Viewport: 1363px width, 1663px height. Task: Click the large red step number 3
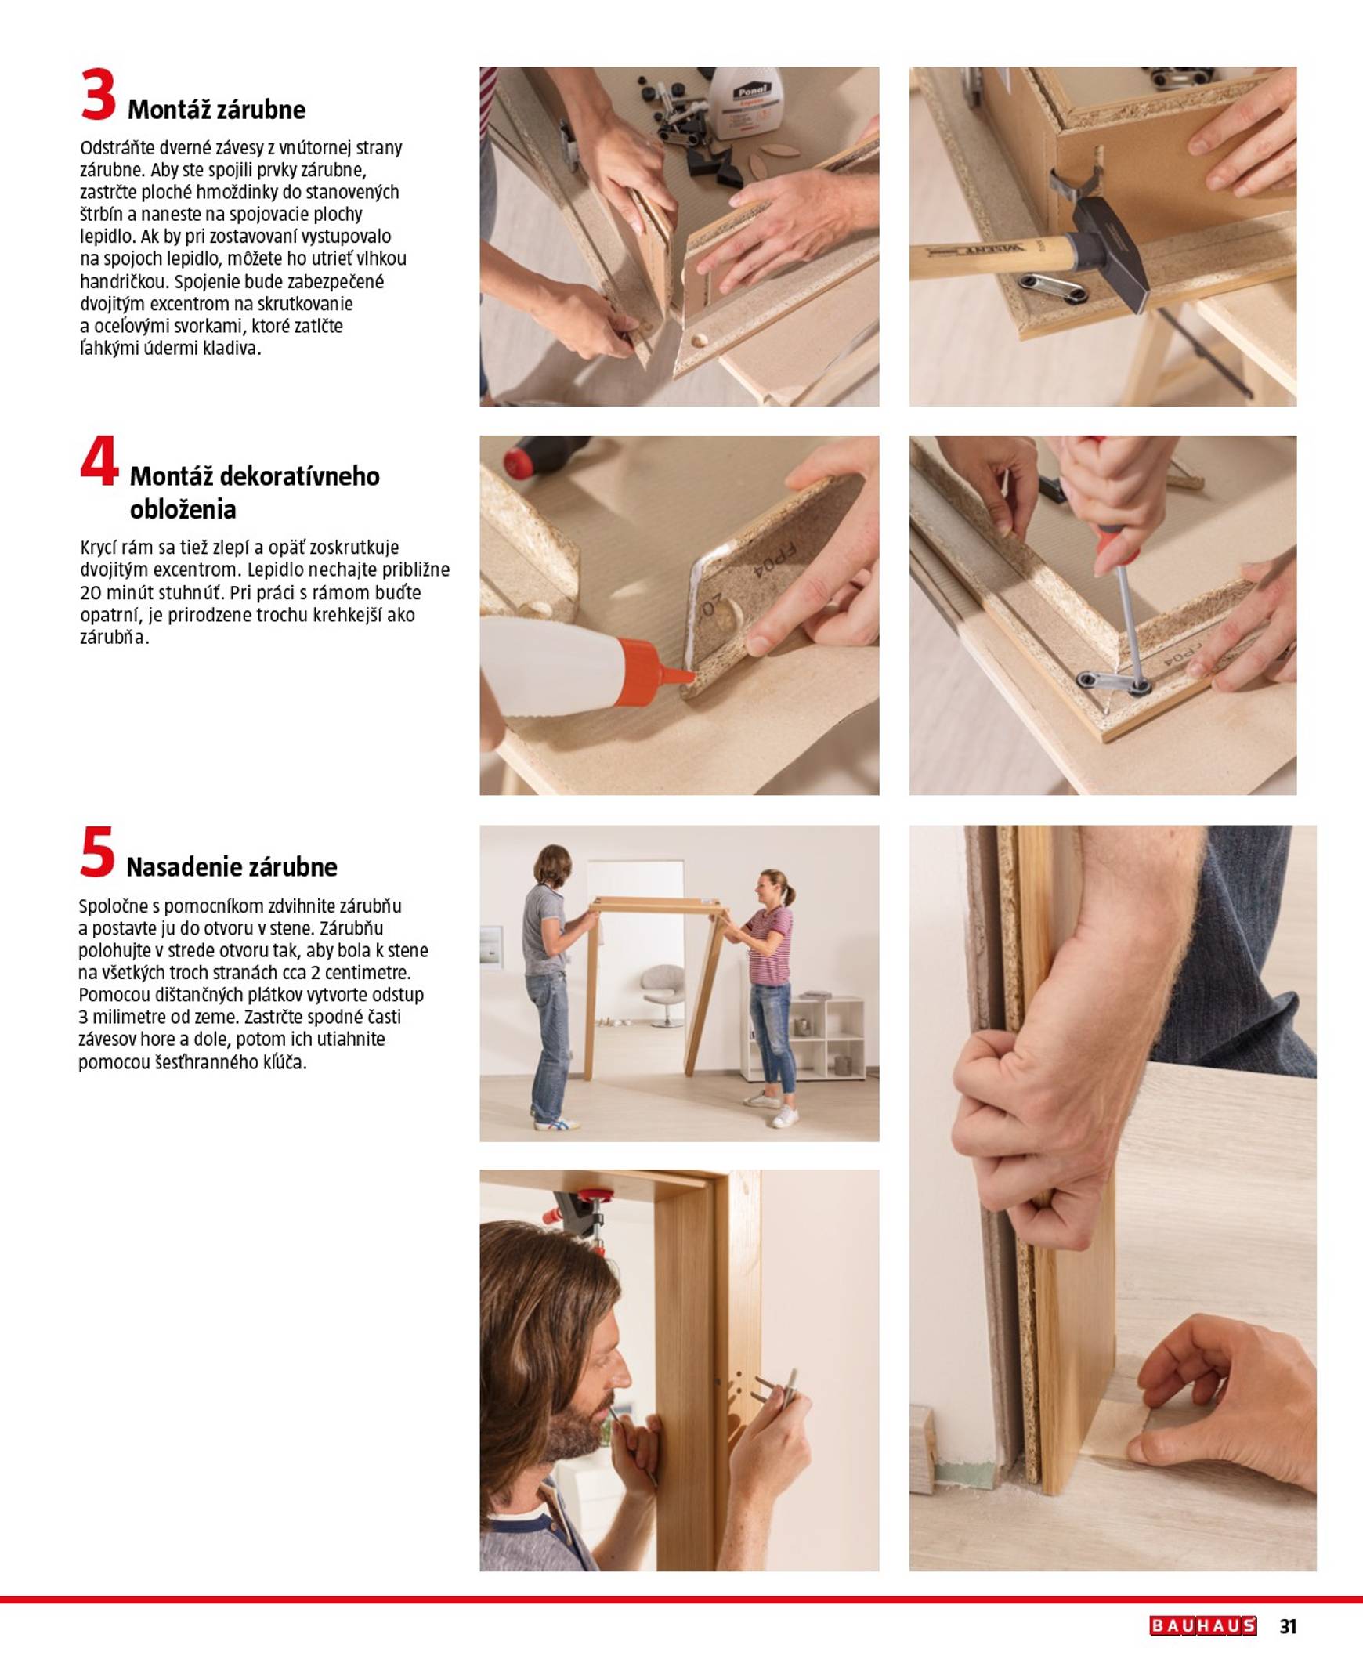(98, 96)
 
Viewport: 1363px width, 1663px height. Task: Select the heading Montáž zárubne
(216, 110)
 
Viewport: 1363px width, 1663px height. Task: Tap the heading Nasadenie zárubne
(232, 867)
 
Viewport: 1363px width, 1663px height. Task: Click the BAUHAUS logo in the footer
(1203, 1625)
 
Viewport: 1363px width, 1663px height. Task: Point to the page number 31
(1288, 1626)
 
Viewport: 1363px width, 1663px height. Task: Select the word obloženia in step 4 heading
(183, 510)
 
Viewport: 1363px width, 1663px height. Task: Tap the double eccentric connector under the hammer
(1052, 288)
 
